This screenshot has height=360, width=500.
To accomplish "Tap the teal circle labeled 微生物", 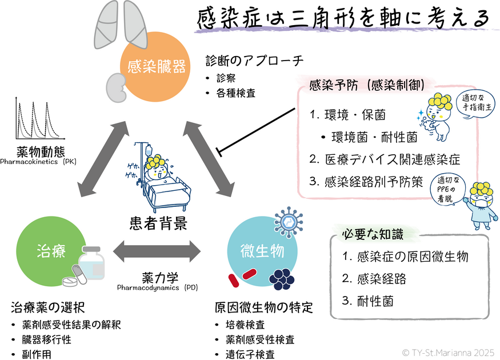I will tap(254, 250).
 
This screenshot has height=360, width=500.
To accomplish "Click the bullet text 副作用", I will tap(39, 354).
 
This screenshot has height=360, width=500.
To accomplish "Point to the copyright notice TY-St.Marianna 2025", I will tap(449, 353).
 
